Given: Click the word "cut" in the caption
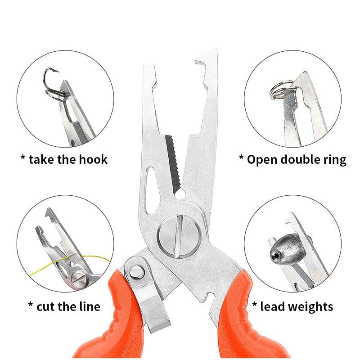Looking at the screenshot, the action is pyautogui.click(x=46, y=307).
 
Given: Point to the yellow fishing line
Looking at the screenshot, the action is pyautogui.click(x=69, y=262).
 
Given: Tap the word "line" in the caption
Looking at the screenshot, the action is pyautogui.click(x=90, y=306).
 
